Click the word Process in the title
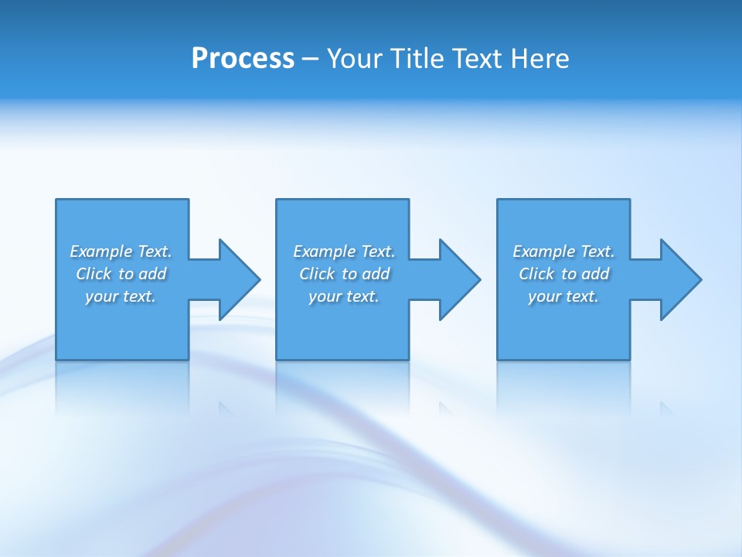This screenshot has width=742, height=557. (x=243, y=59)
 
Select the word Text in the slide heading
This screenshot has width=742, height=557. (x=479, y=59)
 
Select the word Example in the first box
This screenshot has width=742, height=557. (x=101, y=251)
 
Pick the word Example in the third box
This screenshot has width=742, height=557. (x=544, y=251)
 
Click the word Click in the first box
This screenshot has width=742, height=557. (x=94, y=274)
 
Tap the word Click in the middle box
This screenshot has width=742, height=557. (x=317, y=274)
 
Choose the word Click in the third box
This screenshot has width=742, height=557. (x=536, y=274)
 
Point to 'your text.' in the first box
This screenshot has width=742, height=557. (x=121, y=296)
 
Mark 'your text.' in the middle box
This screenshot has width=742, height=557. (x=344, y=296)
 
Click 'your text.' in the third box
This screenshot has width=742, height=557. (x=563, y=296)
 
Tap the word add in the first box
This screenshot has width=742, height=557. (x=152, y=274)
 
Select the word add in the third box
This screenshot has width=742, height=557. (x=595, y=274)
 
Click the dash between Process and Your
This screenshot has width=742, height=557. (x=311, y=60)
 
